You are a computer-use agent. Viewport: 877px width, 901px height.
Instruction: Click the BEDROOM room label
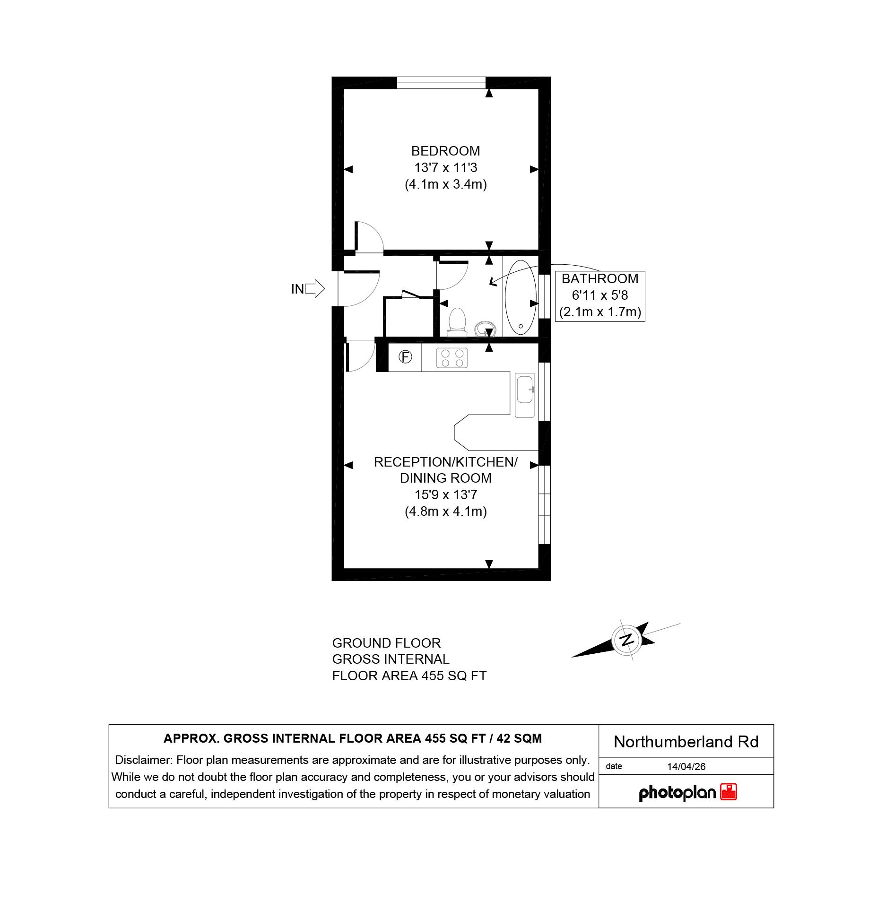(x=445, y=151)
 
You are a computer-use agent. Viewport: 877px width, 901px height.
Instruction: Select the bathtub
(x=521, y=296)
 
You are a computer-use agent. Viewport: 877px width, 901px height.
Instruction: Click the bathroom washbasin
(x=485, y=328)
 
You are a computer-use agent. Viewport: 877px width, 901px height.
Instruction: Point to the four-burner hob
(x=452, y=358)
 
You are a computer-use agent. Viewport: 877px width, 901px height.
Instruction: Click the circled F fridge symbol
(x=405, y=357)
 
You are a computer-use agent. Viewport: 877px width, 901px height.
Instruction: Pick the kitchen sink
(x=525, y=396)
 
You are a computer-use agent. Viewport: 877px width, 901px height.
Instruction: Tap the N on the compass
(x=627, y=641)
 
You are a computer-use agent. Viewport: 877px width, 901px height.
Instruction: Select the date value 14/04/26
(x=686, y=767)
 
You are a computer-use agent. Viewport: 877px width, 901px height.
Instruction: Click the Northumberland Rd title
(x=686, y=742)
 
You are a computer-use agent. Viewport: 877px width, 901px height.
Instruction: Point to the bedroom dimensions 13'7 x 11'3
(x=445, y=168)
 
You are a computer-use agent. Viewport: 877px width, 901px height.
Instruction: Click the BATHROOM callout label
(x=599, y=279)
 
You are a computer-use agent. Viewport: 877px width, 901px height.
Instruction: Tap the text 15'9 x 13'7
(x=445, y=495)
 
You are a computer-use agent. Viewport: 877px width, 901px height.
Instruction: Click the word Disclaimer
(x=144, y=760)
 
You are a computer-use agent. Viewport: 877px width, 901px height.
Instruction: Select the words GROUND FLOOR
(x=386, y=643)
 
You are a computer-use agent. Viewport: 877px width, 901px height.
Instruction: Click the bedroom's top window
(x=441, y=83)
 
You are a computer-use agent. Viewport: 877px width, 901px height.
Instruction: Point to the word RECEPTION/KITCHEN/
(x=445, y=462)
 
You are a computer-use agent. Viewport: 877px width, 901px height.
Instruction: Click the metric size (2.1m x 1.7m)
(x=599, y=312)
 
